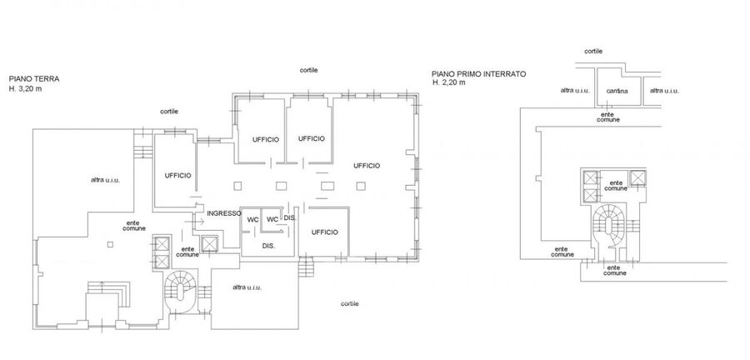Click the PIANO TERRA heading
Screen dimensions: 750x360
34,79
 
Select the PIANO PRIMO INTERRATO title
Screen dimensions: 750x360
479,74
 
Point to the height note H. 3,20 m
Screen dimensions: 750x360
25,88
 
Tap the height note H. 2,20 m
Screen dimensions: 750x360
448,82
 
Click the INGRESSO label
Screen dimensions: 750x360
224,213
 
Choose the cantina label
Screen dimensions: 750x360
617,91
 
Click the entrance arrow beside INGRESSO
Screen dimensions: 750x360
197,222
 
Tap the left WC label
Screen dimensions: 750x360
253,219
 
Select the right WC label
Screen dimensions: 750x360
272,219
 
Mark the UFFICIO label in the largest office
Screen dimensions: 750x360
367,166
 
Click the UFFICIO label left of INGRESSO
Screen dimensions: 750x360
178,176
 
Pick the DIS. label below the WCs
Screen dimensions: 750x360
268,246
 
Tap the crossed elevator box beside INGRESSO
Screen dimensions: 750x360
209,244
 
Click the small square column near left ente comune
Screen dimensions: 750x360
110,244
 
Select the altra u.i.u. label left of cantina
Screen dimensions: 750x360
575,90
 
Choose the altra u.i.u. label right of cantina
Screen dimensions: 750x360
664,90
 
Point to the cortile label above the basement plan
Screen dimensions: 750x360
593,51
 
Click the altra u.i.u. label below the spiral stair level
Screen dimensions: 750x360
247,287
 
